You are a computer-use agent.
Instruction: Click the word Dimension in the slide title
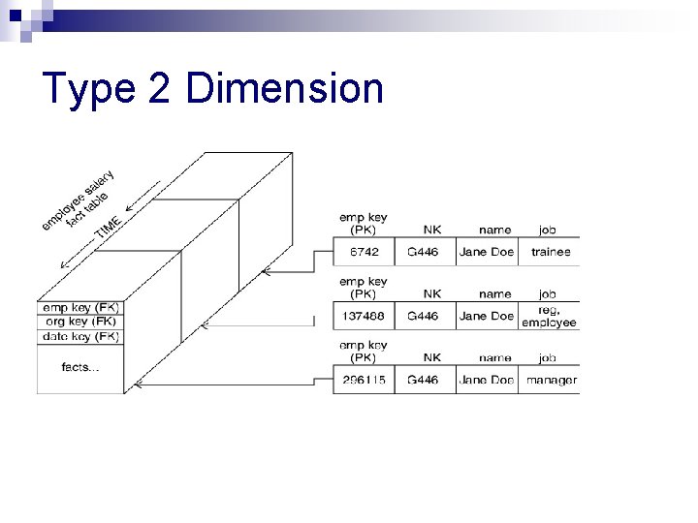pyautogui.click(x=284, y=89)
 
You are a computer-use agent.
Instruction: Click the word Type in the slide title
pyautogui.click(x=89, y=89)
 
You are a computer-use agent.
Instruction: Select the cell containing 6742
pyautogui.click(x=364, y=252)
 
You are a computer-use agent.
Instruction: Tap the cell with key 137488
pyautogui.click(x=364, y=316)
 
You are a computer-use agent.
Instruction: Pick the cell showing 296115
pyautogui.click(x=364, y=380)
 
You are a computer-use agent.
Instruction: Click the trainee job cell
pyautogui.click(x=549, y=252)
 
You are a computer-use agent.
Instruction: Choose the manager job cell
pyautogui.click(x=551, y=380)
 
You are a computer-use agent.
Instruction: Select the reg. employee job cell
pyautogui.click(x=549, y=316)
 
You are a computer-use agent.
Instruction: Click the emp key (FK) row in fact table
pyautogui.click(x=81, y=309)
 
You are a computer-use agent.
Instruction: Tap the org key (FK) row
pyautogui.click(x=81, y=323)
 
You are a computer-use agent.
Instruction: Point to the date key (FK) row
pyautogui.click(x=81, y=336)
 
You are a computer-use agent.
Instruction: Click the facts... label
pyautogui.click(x=81, y=367)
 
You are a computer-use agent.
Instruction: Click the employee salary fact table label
pyautogui.click(x=78, y=201)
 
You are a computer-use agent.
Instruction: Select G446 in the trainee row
pyautogui.click(x=423, y=252)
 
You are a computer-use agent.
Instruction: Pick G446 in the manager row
pyautogui.click(x=423, y=380)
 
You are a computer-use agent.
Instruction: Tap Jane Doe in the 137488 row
pyautogui.click(x=487, y=316)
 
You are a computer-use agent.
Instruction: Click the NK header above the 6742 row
pyautogui.click(x=432, y=230)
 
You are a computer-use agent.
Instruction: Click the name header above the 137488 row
pyautogui.click(x=494, y=293)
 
